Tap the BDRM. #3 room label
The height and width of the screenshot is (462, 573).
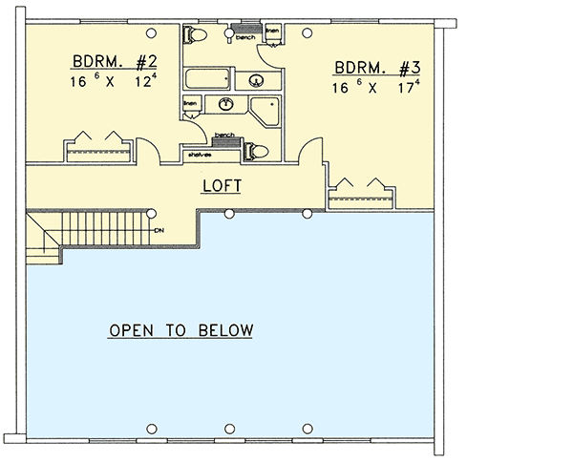click(377, 69)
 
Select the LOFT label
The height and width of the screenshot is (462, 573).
click(221, 186)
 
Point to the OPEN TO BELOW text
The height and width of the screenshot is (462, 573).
click(180, 331)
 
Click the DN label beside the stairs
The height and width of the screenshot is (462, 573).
click(159, 229)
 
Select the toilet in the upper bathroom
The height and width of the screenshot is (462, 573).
click(196, 36)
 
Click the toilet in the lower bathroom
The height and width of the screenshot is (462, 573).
click(257, 150)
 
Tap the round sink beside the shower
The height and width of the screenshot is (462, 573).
click(226, 104)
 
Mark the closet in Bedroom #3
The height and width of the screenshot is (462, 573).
click(361, 194)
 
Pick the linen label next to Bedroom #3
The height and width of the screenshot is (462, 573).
click(272, 28)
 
